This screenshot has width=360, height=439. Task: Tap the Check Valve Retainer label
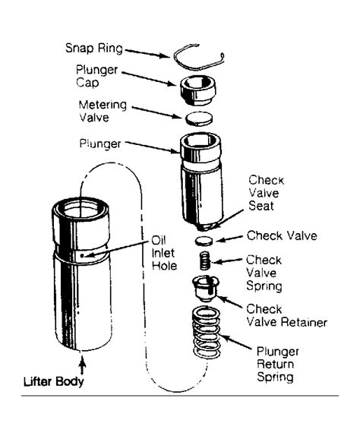(x=286, y=314)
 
